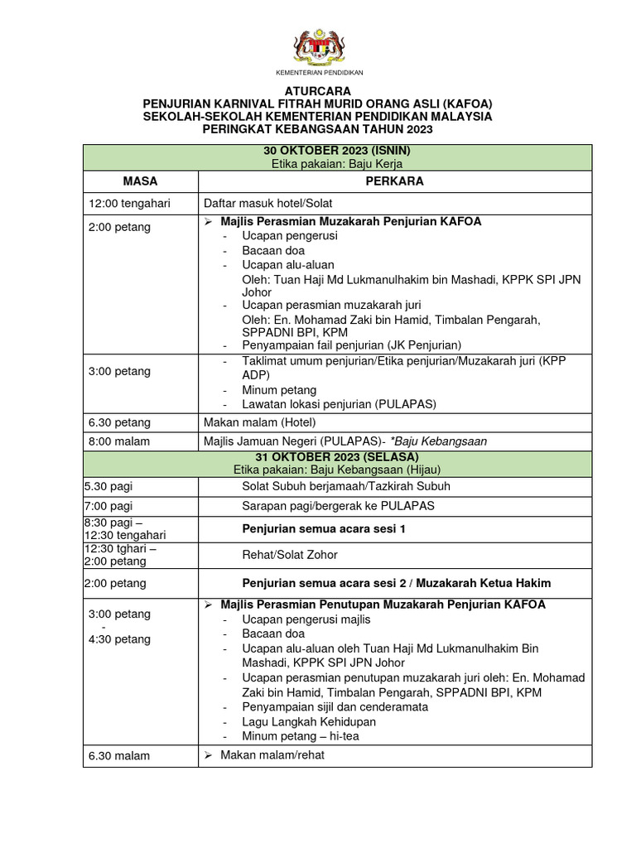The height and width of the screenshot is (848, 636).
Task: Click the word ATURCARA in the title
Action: pyautogui.click(x=318, y=90)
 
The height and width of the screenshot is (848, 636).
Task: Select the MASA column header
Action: pyautogui.click(x=140, y=181)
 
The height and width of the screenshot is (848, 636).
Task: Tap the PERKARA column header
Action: pyautogui.click(x=395, y=181)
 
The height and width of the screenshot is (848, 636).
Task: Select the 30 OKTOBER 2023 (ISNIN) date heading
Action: pyautogui.click(x=337, y=151)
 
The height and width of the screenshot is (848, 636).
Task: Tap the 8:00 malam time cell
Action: pyautogui.click(x=119, y=441)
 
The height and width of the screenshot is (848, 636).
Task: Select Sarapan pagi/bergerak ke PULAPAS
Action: pyautogui.click(x=338, y=506)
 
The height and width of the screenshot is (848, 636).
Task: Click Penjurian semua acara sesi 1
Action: pyautogui.click(x=324, y=528)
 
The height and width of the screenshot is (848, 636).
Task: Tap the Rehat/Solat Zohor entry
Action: pyautogui.click(x=289, y=555)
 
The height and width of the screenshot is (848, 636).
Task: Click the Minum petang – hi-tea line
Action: pyautogui.click(x=300, y=735)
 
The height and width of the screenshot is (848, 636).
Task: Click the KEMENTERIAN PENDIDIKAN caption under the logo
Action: pyautogui.click(x=319, y=73)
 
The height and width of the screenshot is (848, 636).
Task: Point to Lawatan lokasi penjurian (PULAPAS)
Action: pyautogui.click(x=339, y=403)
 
